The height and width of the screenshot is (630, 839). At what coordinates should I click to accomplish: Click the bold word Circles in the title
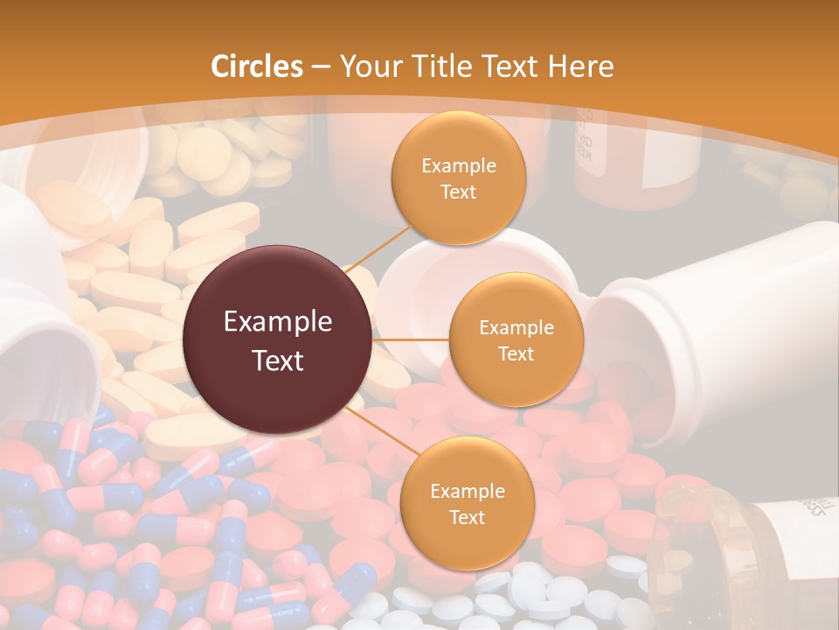point(257,66)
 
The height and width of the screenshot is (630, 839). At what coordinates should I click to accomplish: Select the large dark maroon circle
point(278,340)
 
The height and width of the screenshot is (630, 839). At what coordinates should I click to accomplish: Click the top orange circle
point(458,178)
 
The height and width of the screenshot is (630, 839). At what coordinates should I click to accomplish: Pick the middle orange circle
point(517,339)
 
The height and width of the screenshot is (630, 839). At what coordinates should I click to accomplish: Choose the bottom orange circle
point(467,503)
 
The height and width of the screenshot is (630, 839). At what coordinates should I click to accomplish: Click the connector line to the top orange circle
point(380,246)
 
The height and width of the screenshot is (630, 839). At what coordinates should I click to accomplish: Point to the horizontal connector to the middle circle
point(411,339)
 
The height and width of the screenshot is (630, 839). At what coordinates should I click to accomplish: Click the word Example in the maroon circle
point(278,322)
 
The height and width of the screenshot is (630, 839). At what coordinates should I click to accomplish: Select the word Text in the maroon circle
point(278,360)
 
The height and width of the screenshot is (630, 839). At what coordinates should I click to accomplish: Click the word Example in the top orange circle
point(458,166)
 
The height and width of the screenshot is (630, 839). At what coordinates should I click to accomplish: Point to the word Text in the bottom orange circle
point(467,517)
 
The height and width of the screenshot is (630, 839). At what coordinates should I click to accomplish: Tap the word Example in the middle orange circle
point(517,328)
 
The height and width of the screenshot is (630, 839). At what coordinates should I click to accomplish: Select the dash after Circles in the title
point(320,67)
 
